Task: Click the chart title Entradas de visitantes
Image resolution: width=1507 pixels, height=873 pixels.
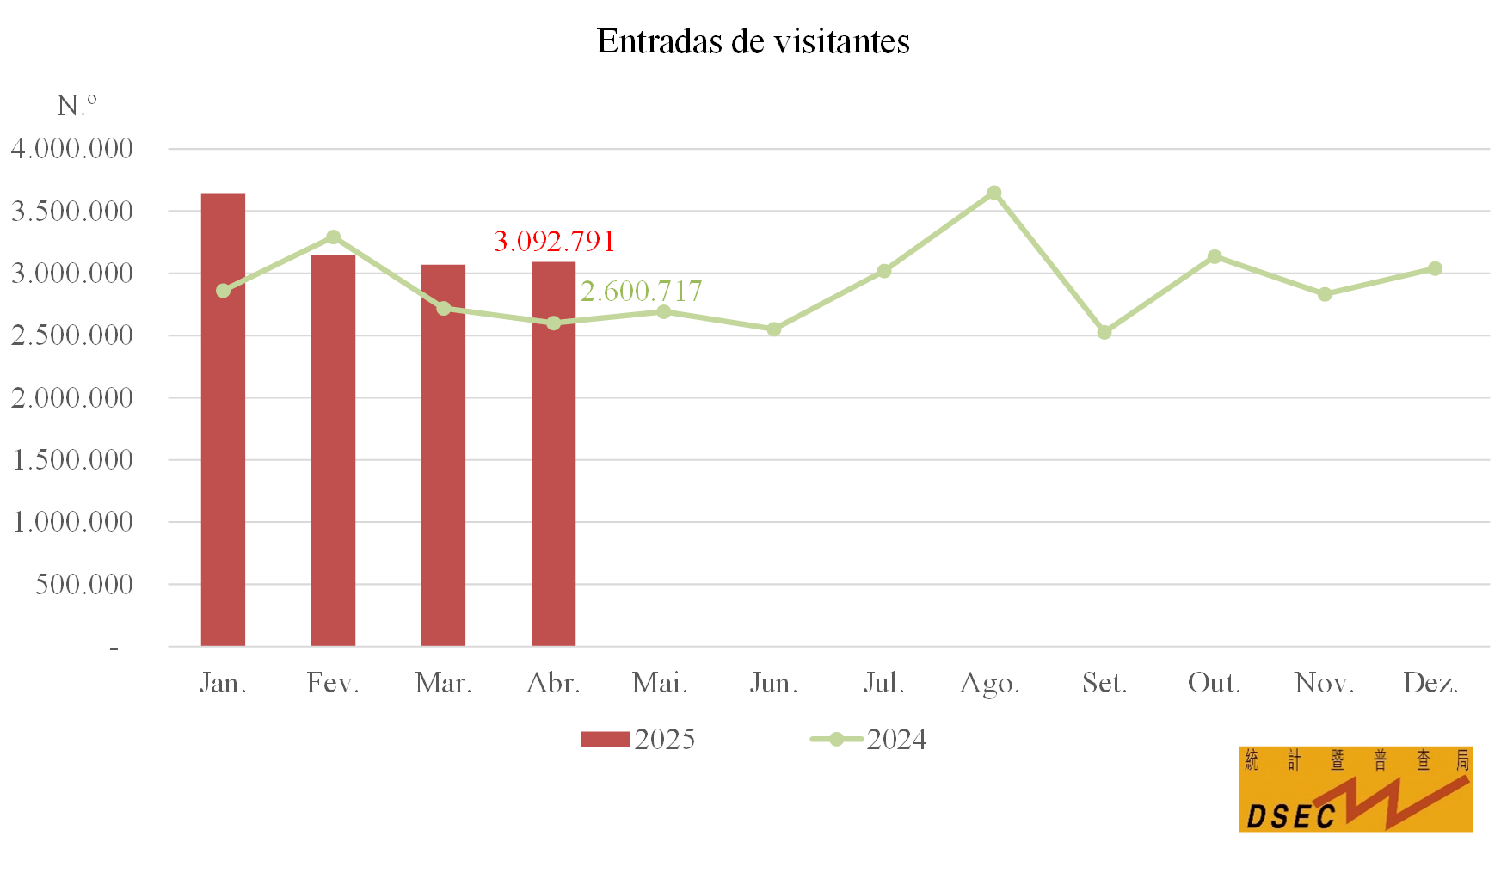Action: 753,41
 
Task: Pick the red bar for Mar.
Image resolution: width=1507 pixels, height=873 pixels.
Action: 443,455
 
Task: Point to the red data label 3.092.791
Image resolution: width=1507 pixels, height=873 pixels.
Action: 554,242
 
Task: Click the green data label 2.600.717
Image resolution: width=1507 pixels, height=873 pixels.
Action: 641,292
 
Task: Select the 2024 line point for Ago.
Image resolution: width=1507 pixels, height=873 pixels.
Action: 993,193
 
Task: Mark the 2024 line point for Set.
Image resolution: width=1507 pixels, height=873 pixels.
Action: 1104,332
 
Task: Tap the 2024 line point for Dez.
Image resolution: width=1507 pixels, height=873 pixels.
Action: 1435,269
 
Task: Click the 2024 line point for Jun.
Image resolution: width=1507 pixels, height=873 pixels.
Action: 774,329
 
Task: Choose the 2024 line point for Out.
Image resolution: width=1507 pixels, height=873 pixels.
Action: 1215,256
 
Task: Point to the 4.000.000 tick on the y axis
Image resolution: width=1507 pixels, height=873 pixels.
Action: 72,149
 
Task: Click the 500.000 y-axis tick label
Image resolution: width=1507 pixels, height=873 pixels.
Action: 84,585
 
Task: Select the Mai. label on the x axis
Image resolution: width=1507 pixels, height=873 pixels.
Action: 660,683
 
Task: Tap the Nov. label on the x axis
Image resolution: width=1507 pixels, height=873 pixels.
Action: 1324,683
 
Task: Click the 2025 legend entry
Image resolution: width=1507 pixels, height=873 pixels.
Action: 637,739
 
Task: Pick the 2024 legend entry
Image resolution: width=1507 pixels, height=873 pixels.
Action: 870,739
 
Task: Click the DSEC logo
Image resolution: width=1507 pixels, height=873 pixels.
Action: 1356,789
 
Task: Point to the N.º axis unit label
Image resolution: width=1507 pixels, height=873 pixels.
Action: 77,106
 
